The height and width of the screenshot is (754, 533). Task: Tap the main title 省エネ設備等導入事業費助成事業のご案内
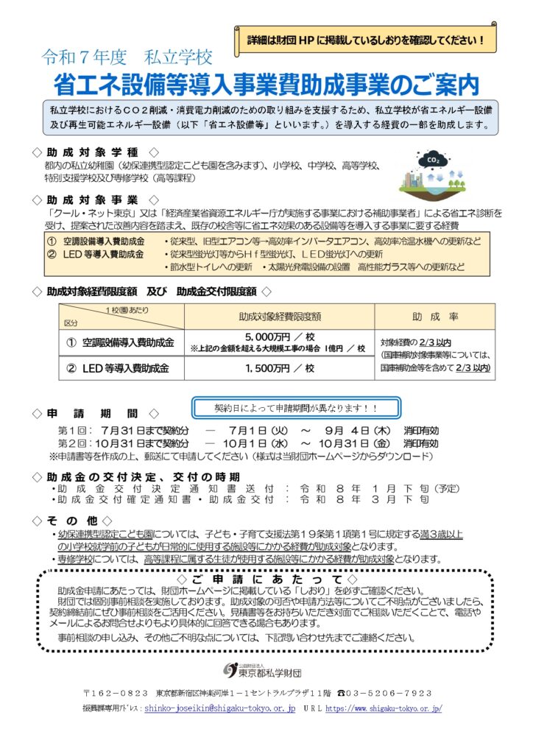[266, 83]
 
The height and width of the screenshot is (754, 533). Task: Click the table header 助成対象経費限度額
[279, 317]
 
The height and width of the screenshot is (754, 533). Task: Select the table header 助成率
[434, 317]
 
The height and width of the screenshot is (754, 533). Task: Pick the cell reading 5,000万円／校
[279, 338]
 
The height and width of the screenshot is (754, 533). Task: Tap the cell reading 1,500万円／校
[279, 367]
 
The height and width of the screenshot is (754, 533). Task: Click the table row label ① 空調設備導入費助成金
[121, 342]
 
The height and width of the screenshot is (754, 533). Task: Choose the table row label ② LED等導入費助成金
[121, 367]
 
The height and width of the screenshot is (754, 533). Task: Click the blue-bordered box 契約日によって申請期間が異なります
[295, 407]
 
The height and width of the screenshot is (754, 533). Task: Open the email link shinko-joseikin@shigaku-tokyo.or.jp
[220, 708]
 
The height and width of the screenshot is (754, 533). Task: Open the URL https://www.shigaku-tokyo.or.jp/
[383, 708]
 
